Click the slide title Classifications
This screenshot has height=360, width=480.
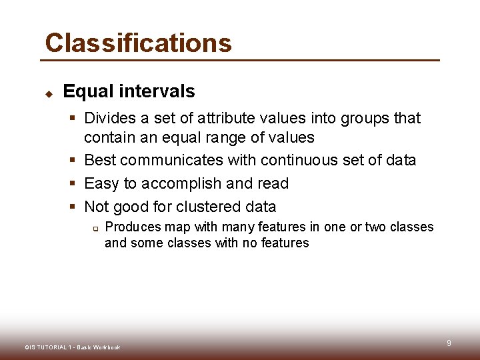point(138,43)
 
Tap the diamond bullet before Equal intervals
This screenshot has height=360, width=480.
point(49,93)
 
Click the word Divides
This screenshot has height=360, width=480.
point(109,118)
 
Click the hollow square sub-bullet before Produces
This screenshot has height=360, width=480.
point(95,228)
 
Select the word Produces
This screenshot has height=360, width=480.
point(133,227)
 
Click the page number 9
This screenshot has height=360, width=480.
point(449,343)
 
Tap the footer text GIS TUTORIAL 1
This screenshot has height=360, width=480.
point(49,347)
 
